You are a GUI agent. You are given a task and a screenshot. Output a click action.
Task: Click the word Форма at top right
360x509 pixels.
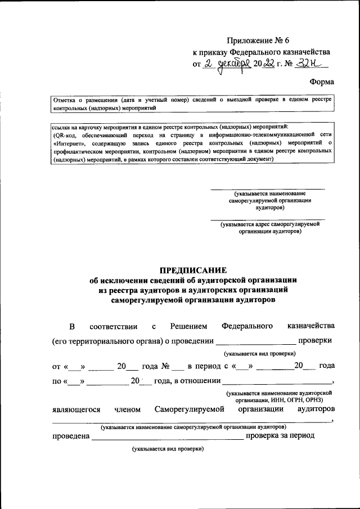click(322, 82)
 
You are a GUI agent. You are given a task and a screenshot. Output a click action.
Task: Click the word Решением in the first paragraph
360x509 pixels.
click(188, 326)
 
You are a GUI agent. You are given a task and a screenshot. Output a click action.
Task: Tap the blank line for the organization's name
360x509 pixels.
click(267, 188)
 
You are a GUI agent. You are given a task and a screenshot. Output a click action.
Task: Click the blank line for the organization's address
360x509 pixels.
click(267, 218)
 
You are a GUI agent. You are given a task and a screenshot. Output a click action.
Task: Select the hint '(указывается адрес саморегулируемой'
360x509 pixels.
click(270, 224)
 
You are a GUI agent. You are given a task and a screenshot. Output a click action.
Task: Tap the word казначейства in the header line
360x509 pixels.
click(304, 52)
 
